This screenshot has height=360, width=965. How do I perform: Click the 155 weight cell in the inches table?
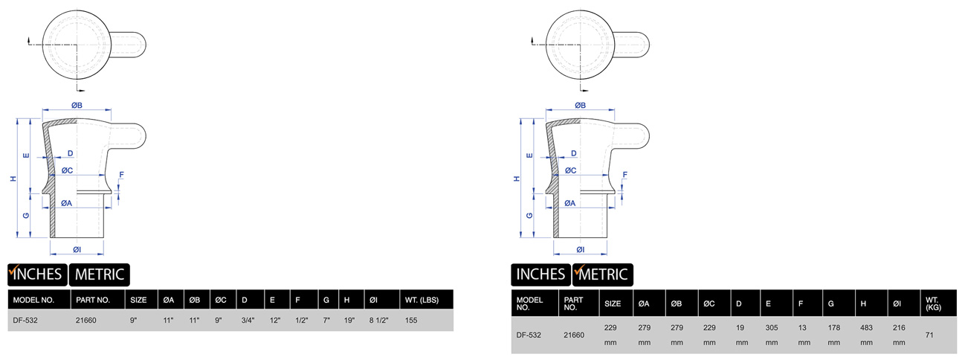(x=412, y=321)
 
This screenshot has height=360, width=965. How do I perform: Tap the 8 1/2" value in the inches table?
(x=378, y=321)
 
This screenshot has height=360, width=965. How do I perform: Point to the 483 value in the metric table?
(x=866, y=327)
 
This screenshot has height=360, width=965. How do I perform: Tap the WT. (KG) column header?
(x=932, y=303)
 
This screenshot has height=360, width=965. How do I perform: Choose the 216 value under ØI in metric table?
(x=899, y=327)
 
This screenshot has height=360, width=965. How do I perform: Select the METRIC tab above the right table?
(x=602, y=274)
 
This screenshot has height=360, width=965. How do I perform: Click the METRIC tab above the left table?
(x=100, y=274)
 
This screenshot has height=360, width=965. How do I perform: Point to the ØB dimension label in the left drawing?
(x=77, y=106)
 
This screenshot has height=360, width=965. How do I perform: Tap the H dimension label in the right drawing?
(x=516, y=179)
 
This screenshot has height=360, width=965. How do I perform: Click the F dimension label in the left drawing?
(x=122, y=175)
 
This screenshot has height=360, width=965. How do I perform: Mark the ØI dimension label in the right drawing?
(x=580, y=249)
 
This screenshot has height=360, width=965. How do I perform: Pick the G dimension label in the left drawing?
(x=26, y=215)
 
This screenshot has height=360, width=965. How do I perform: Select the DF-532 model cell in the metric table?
(x=528, y=335)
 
